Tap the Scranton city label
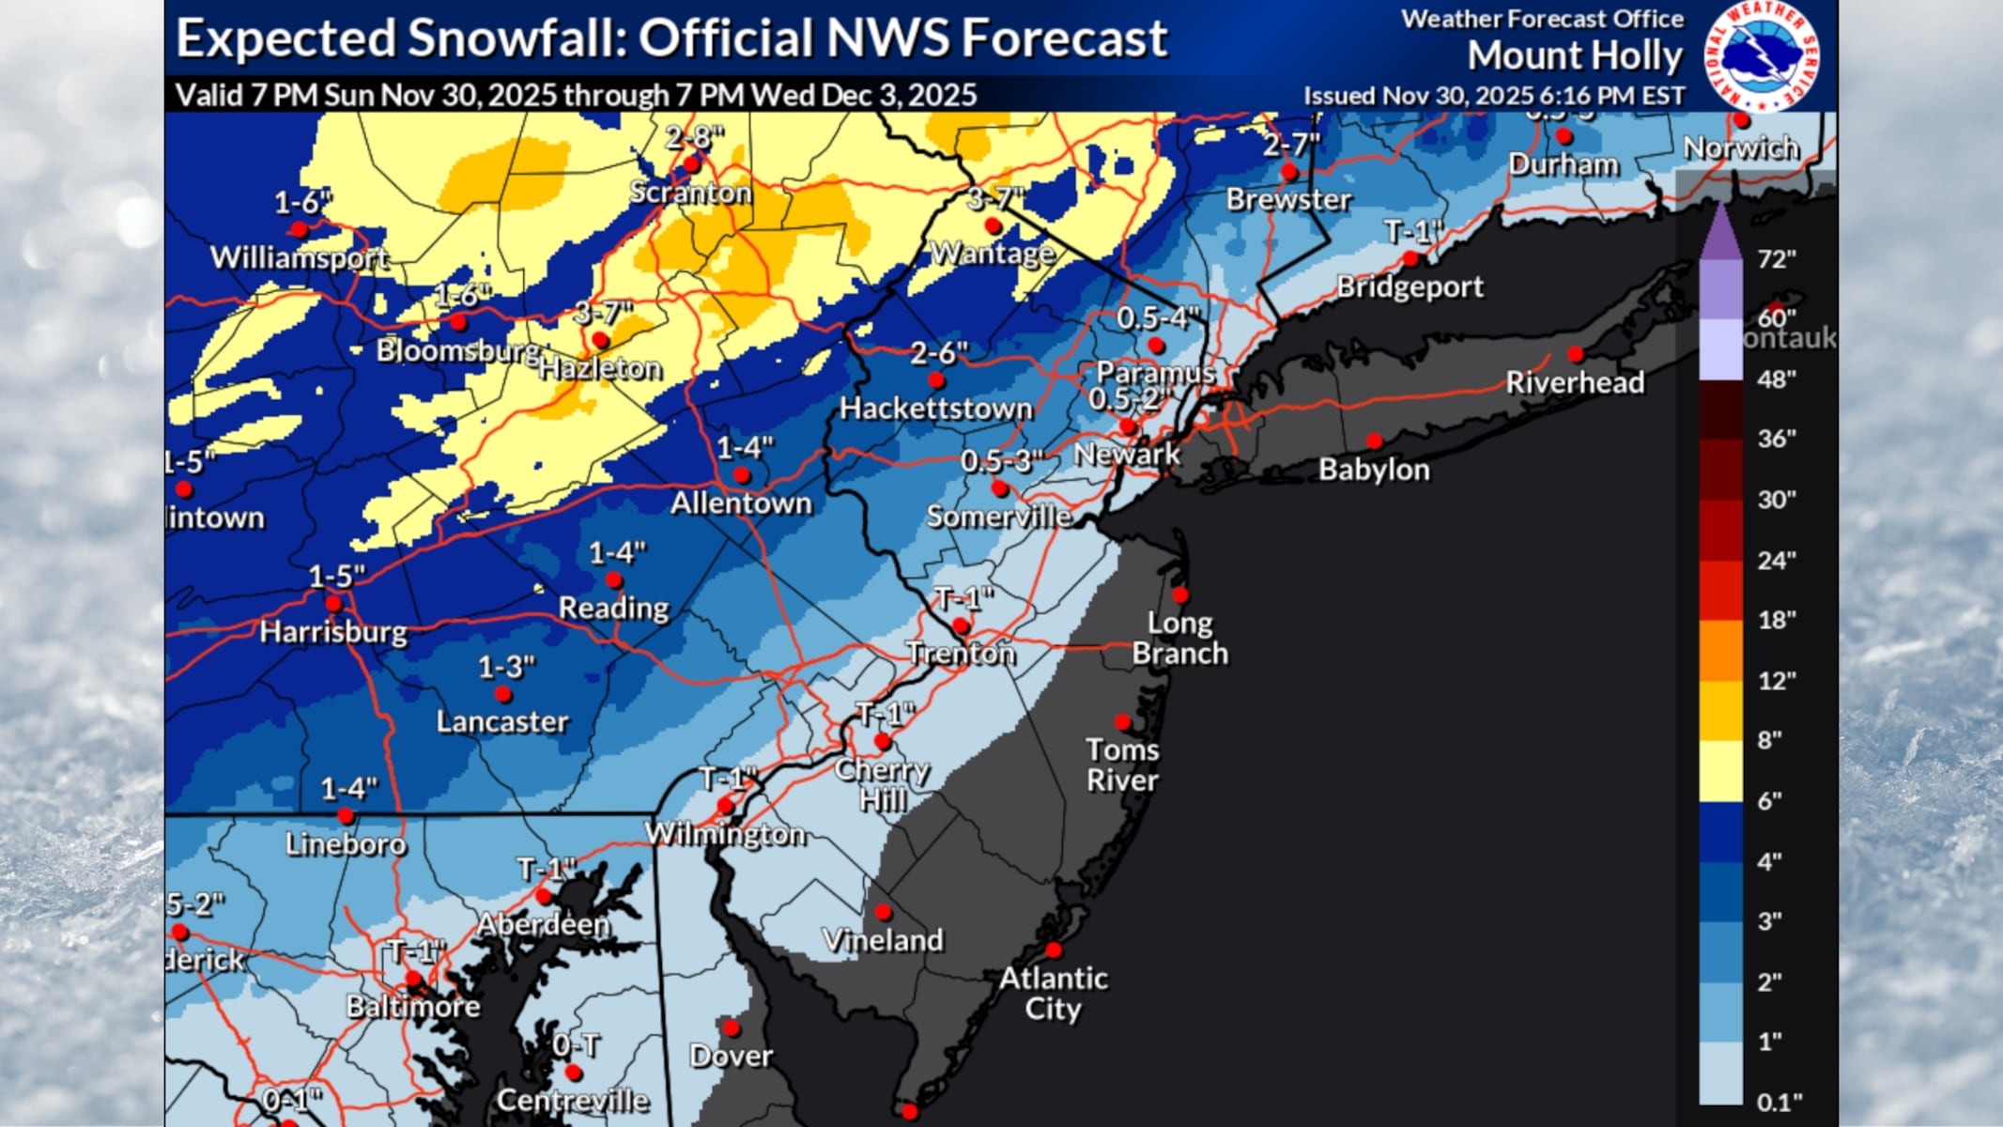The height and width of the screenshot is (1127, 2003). [x=690, y=193]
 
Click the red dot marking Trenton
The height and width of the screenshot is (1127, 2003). [x=960, y=625]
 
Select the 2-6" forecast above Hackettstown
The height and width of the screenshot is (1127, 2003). [x=938, y=353]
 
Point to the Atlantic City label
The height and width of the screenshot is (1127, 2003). [x=1053, y=993]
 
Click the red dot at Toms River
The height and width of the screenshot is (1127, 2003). [x=1122, y=722]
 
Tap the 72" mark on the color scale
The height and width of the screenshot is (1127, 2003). [x=1776, y=258]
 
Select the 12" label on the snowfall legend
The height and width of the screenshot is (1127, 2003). [x=1776, y=680]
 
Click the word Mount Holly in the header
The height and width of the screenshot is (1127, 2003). [x=1575, y=56]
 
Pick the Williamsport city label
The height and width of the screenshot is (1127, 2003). [x=300, y=257]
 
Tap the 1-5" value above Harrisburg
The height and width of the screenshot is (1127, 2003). [x=336, y=576]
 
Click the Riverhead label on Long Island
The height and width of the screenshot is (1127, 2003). [x=1575, y=382]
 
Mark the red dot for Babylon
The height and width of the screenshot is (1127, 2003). [x=1374, y=440]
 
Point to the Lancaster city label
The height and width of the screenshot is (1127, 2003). [x=502, y=721]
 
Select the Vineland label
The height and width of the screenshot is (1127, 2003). [x=883, y=940]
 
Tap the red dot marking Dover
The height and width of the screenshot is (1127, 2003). [x=732, y=1028]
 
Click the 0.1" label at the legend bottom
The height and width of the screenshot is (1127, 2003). [x=1780, y=1101]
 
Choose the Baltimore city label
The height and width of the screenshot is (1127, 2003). [x=413, y=1007]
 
